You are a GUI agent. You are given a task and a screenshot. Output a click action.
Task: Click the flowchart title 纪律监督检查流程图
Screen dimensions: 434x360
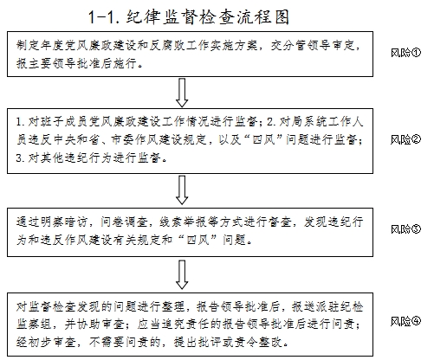[208, 17]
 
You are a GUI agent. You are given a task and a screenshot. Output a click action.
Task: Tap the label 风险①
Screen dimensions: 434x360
[405, 53]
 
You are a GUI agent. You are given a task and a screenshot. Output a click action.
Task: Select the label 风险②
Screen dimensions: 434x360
[405, 139]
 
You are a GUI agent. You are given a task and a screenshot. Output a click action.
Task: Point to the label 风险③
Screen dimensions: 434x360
[405, 229]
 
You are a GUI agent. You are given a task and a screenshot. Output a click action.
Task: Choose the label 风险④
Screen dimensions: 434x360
[405, 321]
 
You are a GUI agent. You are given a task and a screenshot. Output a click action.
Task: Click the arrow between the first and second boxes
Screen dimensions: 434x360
[182, 93]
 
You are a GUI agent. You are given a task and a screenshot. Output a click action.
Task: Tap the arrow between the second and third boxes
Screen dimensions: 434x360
[182, 190]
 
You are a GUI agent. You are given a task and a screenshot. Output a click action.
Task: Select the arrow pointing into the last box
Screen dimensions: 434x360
[182, 274]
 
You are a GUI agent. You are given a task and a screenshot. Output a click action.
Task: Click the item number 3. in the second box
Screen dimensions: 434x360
[21, 157]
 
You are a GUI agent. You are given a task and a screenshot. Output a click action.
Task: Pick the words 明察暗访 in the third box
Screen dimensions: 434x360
[64, 222]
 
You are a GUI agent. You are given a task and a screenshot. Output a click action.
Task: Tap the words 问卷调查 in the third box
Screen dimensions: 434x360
[124, 222]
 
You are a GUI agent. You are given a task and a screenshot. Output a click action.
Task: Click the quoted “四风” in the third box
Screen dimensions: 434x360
[198, 240]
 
